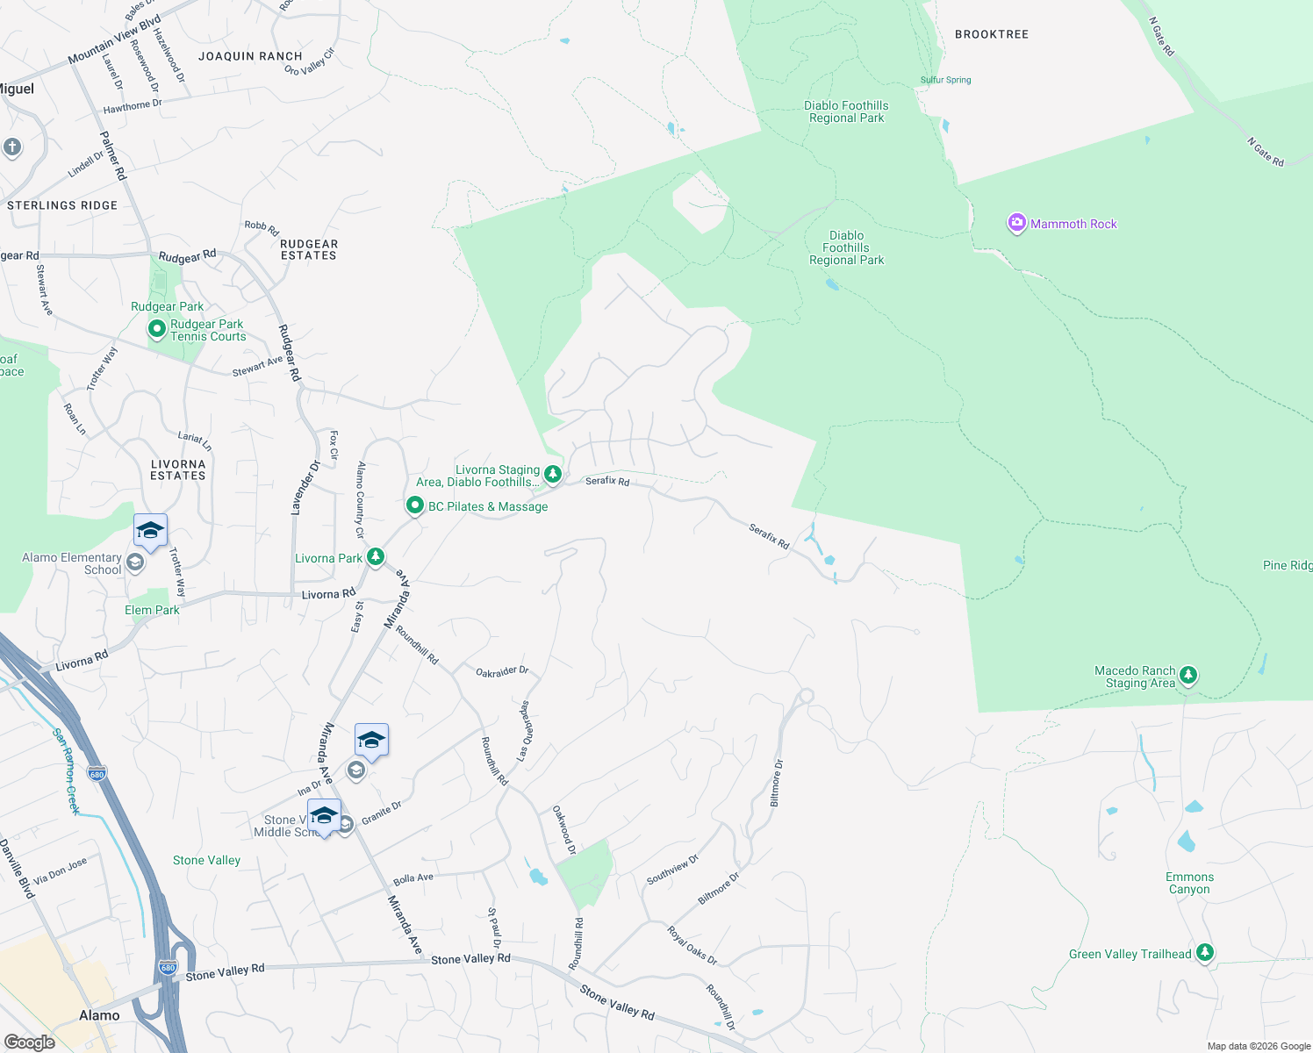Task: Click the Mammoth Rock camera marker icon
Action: click(x=1016, y=224)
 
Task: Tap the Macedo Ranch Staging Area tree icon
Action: click(x=1188, y=676)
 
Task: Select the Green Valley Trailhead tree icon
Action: click(x=1205, y=953)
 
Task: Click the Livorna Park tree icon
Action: click(x=376, y=557)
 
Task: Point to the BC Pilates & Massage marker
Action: click(x=415, y=505)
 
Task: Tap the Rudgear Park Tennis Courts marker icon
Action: click(x=157, y=330)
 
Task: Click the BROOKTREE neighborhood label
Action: click(x=992, y=34)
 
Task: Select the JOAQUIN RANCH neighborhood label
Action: click(x=250, y=56)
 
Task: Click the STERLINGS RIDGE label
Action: click(x=62, y=205)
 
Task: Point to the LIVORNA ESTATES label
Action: click(x=178, y=470)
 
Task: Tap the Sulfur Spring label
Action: click(x=945, y=80)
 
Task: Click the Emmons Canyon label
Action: click(x=1189, y=883)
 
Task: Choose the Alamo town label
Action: click(x=99, y=1015)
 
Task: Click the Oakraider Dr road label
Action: click(x=502, y=671)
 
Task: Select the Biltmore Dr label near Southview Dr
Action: click(x=718, y=888)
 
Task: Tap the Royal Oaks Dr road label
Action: click(x=692, y=945)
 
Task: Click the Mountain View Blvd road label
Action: click(x=114, y=39)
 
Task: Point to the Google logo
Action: click(x=30, y=1042)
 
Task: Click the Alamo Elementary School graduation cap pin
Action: click(x=150, y=532)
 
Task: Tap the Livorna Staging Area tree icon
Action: click(x=553, y=475)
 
